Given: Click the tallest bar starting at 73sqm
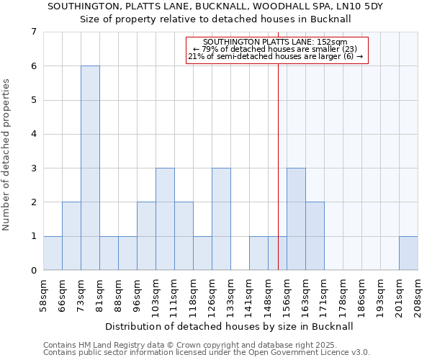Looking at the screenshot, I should (x=90, y=168).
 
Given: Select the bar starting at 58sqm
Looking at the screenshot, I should (x=53, y=253).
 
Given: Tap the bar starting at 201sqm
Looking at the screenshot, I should (x=408, y=253).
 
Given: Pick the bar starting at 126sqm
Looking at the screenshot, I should (x=221, y=219).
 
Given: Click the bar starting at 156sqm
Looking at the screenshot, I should (x=296, y=219).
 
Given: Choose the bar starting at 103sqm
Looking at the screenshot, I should (x=165, y=219).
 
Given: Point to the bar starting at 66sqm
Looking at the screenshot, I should (x=71, y=236).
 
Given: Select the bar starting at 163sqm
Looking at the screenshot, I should (x=315, y=236).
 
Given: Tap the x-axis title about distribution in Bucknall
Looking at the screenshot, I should (x=230, y=326).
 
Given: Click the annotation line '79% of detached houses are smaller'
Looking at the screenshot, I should (x=277, y=49).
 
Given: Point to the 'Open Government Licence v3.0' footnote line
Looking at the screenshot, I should (x=207, y=353).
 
